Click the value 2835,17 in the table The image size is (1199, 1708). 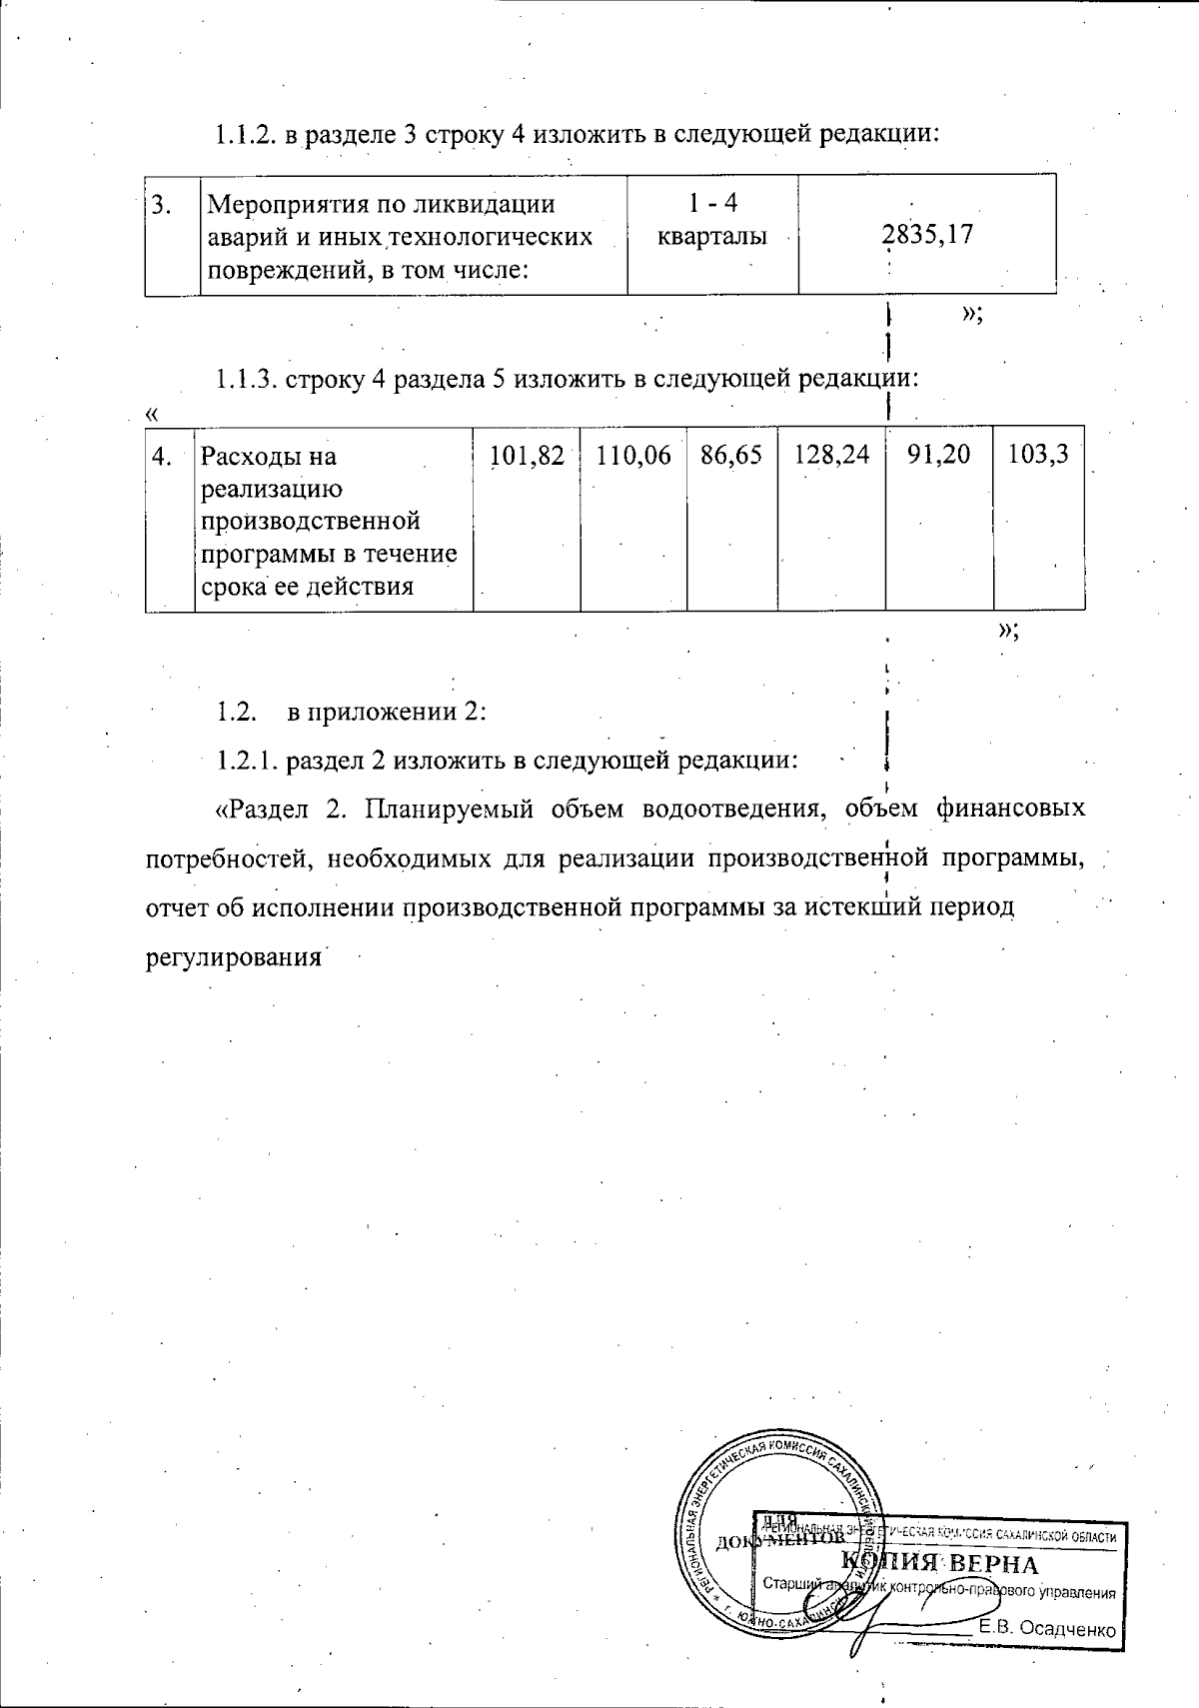[x=927, y=235]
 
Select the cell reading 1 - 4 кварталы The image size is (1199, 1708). [x=712, y=220]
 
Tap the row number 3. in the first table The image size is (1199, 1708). [x=160, y=205]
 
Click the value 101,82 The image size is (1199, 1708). [x=527, y=456]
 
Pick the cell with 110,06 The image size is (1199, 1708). [x=633, y=456]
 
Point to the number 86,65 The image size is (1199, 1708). [x=731, y=456]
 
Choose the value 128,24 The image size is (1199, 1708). [x=831, y=456]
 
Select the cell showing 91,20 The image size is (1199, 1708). [x=939, y=456]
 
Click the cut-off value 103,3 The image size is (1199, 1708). [x=1039, y=456]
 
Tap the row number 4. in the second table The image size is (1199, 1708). [x=162, y=457]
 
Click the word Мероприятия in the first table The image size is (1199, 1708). [x=278, y=205]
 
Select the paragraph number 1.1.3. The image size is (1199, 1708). [x=246, y=380]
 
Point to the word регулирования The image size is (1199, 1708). [x=233, y=957]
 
